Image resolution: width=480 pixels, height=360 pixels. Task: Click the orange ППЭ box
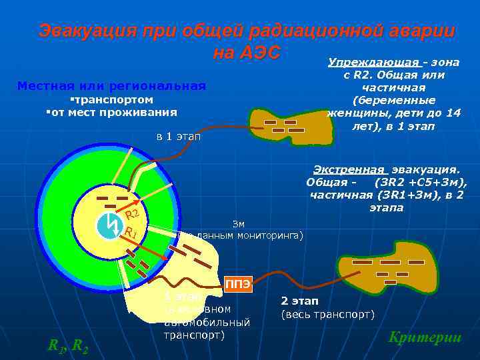[x=238, y=285]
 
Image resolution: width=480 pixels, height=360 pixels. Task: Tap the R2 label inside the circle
[x=131, y=215]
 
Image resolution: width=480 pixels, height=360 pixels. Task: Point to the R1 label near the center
[x=131, y=233]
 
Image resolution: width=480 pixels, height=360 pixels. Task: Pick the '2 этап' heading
[x=300, y=301]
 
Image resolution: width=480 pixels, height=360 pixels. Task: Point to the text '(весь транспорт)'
[x=329, y=314]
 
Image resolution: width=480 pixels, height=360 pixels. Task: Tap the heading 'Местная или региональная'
[x=111, y=86]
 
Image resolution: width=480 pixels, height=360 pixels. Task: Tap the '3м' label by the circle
[x=238, y=223]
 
